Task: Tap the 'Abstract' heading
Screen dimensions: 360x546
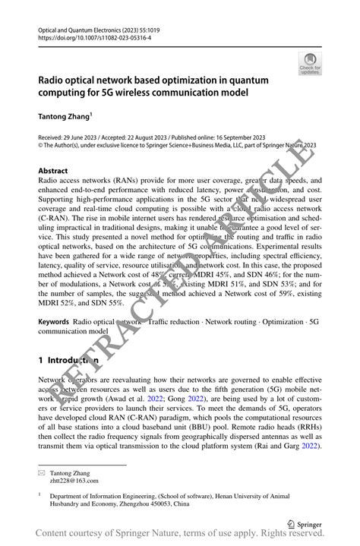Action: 52,171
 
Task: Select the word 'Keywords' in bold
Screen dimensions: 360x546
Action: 54,322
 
